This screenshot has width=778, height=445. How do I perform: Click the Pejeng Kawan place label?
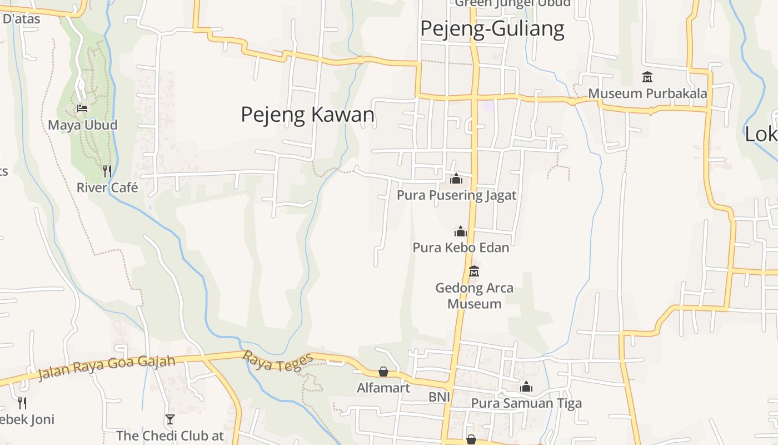coord(307,115)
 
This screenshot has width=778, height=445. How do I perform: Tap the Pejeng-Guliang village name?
coord(492,28)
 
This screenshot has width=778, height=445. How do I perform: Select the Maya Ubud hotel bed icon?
coord(82,108)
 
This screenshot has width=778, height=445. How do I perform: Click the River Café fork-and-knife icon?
coord(107,171)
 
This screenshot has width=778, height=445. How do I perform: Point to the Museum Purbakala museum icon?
coord(647,77)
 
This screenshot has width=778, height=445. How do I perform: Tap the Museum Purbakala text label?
coord(647,93)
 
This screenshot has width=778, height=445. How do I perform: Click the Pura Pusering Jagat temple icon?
coord(456,179)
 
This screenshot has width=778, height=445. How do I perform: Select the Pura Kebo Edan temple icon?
coord(460,231)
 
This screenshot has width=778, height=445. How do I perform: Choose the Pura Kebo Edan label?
coord(461,248)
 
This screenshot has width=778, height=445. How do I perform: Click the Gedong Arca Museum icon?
coord(474,271)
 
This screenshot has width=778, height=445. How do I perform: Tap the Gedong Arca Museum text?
coord(474,296)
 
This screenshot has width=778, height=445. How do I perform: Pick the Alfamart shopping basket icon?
coord(383,372)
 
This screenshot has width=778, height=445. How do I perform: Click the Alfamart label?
coord(383,388)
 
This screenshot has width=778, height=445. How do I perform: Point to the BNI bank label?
coord(439,397)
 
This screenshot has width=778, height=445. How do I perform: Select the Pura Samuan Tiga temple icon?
coord(526,387)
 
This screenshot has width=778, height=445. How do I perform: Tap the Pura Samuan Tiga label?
coord(526,403)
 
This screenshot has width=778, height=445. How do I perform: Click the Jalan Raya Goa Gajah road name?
coord(106,368)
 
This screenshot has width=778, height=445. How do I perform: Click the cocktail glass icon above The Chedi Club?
coord(170,419)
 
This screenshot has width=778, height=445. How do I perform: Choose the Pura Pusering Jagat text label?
coord(456,195)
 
